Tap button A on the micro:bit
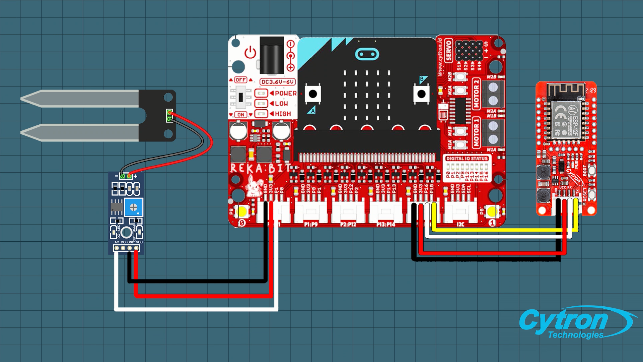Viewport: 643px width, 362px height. pyautogui.click(x=313, y=94)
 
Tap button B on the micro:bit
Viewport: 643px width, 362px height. pyautogui.click(x=421, y=94)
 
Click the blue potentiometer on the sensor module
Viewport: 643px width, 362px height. pyautogui.click(x=133, y=207)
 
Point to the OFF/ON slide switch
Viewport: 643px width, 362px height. pyautogui.click(x=240, y=97)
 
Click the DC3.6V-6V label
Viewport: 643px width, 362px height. pyautogui.click(x=278, y=82)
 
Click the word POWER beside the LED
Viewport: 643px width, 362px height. pyautogui.click(x=285, y=94)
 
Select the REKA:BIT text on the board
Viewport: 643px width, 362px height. pyautogui.click(x=260, y=168)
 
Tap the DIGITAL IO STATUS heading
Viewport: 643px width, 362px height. pyautogui.click(x=467, y=159)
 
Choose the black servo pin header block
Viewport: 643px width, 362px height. pyautogui.click(x=469, y=50)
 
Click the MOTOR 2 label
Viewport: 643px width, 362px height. pyautogui.click(x=476, y=94)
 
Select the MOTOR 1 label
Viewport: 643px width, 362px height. pyautogui.click(x=476, y=132)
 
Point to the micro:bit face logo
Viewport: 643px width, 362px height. pyautogui.click(x=367, y=54)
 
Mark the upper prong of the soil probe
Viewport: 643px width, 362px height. pyautogui.click(x=80, y=98)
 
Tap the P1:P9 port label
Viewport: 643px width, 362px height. pyautogui.click(x=310, y=224)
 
